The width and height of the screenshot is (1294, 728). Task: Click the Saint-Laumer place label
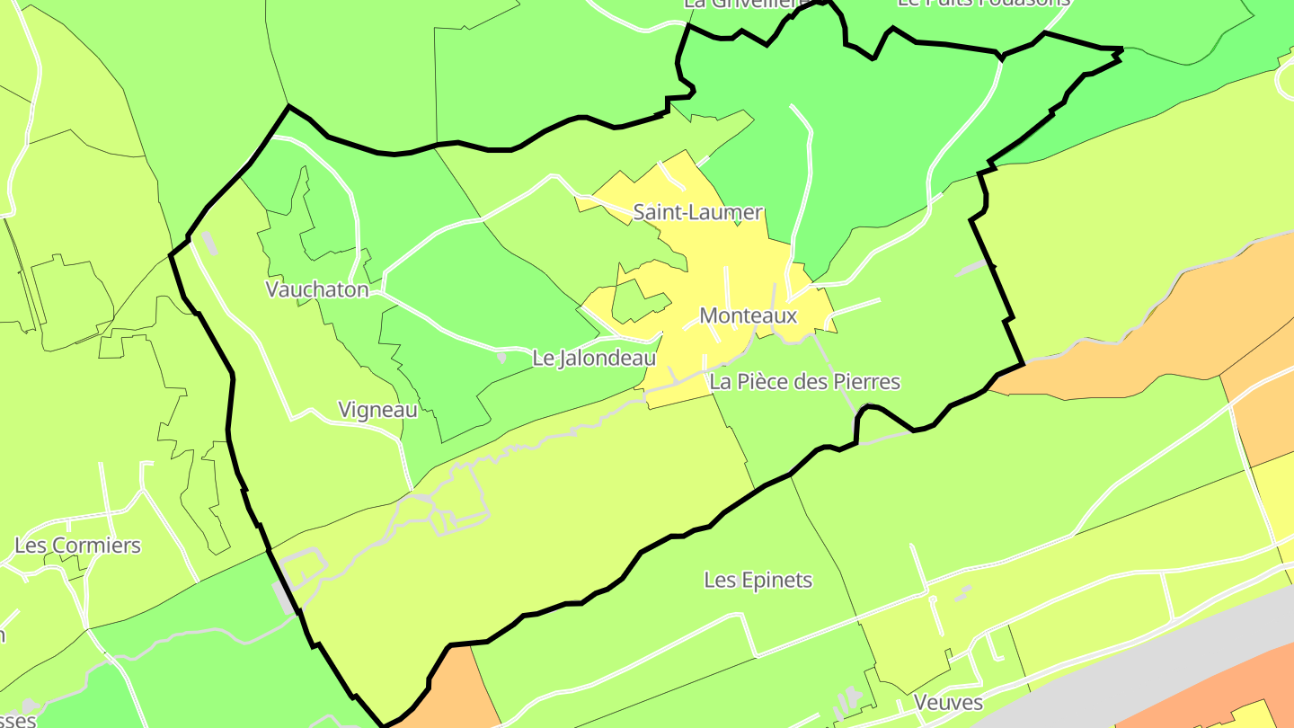pos(698,213)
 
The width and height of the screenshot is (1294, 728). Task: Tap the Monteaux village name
pos(748,316)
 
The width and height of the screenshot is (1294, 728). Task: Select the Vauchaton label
pos(317,289)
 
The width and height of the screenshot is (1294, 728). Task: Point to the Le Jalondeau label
pos(594,358)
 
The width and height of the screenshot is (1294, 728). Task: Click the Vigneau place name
pos(377,410)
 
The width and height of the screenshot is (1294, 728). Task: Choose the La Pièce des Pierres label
pos(805,382)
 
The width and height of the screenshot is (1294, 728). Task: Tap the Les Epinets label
pos(758,581)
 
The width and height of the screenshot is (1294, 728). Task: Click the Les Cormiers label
pos(78,546)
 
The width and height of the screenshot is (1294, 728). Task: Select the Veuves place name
pos(948,702)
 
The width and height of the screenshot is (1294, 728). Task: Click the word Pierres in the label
pos(865,382)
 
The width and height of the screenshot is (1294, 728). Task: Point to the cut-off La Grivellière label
pos(741,4)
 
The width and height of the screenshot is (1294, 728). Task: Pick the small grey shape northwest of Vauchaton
pos(208,244)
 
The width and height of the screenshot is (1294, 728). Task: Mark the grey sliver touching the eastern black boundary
pos(972,268)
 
